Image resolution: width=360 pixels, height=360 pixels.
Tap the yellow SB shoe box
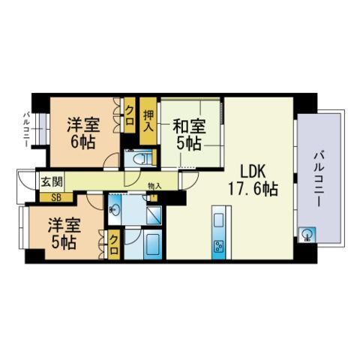55,198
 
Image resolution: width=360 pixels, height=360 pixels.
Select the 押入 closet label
148,120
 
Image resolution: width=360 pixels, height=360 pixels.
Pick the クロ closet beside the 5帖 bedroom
113,242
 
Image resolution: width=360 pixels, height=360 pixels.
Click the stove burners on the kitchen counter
219,245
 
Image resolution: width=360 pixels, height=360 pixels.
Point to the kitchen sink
219,221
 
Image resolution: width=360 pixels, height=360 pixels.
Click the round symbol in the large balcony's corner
307,234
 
